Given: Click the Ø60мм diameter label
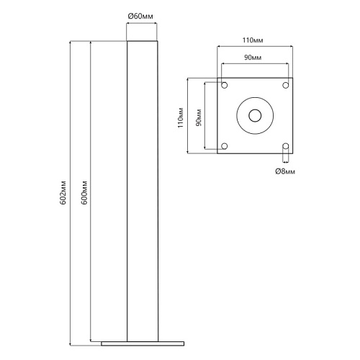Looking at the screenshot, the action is (140, 17).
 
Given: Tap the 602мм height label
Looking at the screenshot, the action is (63, 192).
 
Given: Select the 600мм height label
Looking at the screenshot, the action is (84, 192).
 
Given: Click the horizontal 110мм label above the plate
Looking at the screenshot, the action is (253, 40).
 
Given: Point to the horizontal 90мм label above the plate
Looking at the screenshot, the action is (253, 58).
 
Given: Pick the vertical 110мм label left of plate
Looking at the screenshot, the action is (181, 117).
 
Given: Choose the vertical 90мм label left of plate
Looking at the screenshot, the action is (199, 117).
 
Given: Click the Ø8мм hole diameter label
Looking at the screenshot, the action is (285, 171).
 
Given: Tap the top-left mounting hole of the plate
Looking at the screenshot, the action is (224, 85).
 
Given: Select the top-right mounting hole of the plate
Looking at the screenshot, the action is (286, 85).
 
